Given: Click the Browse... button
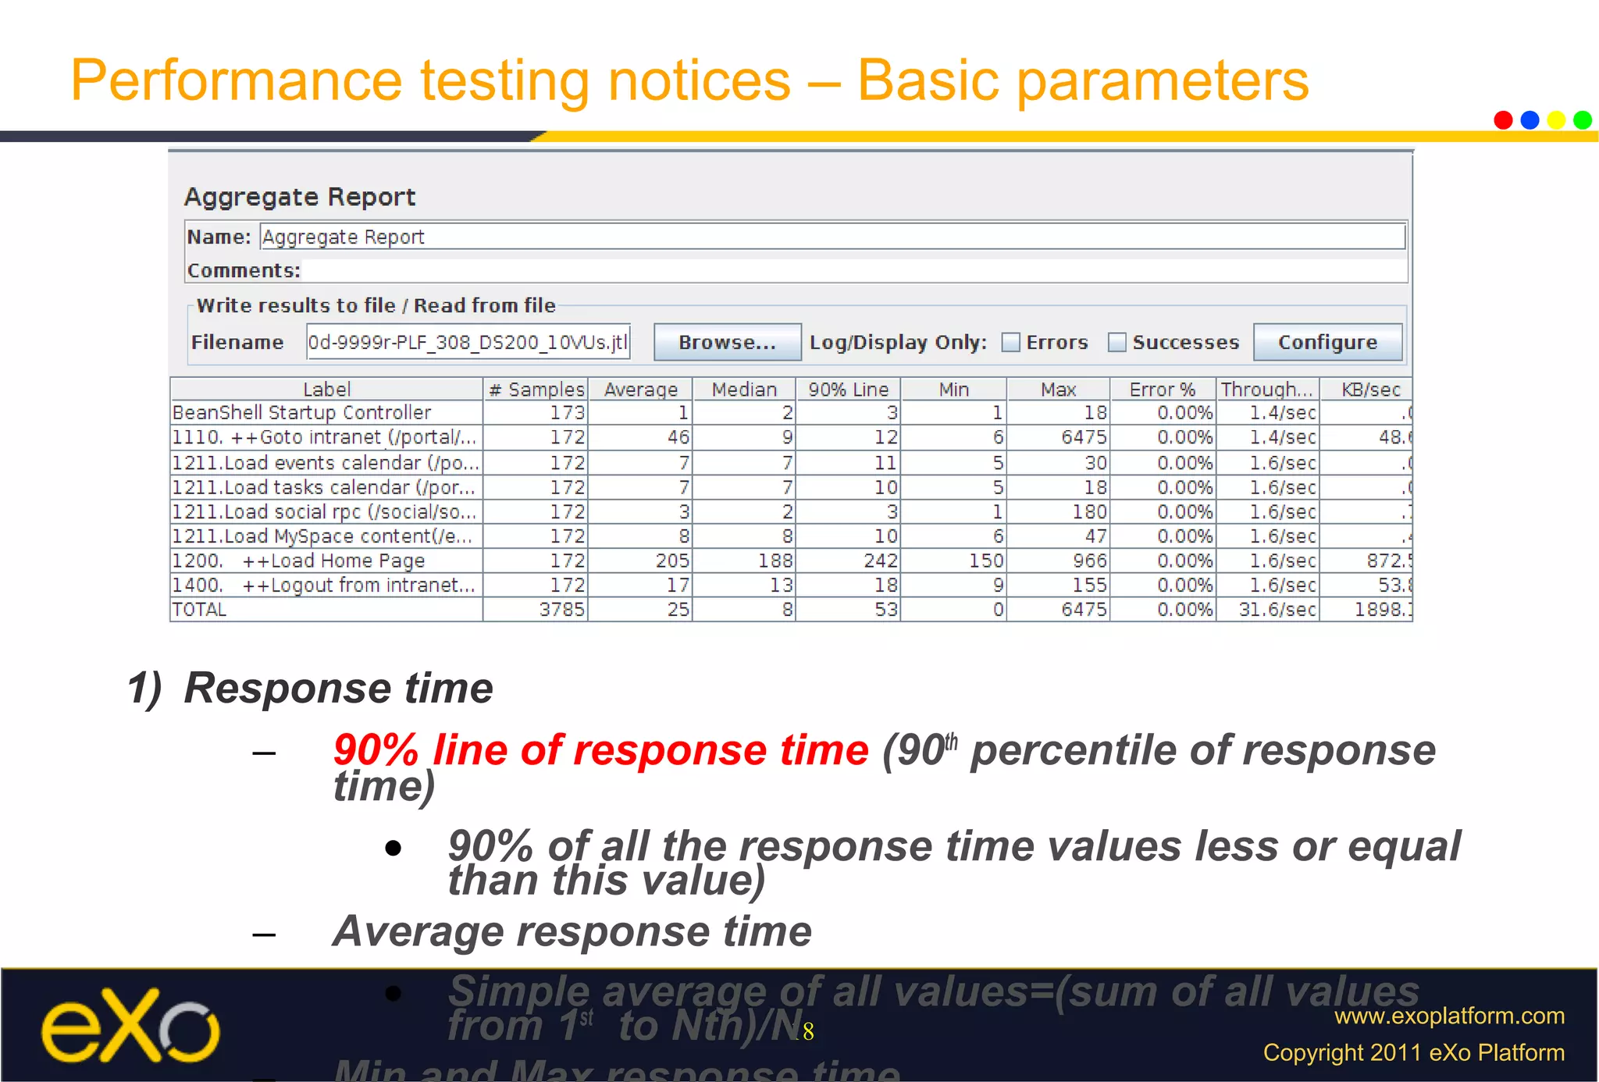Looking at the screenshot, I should point(727,342).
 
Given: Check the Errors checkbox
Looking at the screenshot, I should point(1011,343).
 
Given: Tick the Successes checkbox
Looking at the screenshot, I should point(1117,343).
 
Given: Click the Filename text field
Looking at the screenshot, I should point(468,342).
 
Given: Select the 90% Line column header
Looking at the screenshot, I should point(848,389).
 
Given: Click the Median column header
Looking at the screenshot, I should point(743,389).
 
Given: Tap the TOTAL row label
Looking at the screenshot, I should point(200,609).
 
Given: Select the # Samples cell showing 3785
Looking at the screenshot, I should point(561,609).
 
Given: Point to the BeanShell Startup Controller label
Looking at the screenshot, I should point(301,412).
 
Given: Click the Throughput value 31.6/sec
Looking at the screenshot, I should point(1277,609).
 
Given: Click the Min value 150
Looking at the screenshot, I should point(985,561).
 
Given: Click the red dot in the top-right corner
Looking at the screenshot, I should point(1503,119).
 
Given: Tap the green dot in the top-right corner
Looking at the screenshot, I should point(1583,119).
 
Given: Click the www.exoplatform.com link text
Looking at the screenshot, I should point(1449,1016).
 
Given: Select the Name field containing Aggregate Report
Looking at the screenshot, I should point(832,237).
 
